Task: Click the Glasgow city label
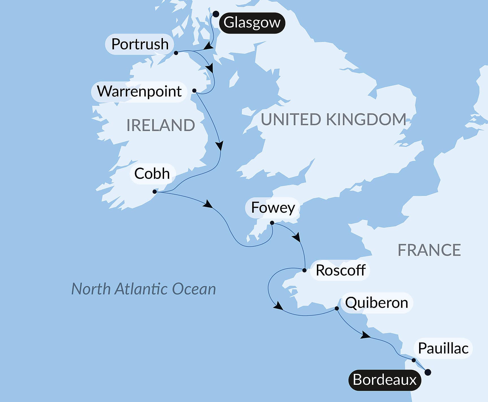(x=252, y=23)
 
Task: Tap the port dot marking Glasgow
(x=216, y=14)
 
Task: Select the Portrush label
(x=140, y=44)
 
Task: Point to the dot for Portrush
(x=176, y=53)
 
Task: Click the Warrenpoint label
(x=139, y=91)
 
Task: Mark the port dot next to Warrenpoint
(x=194, y=91)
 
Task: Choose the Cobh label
(x=152, y=173)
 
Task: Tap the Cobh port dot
(x=154, y=192)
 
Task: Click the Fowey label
(x=273, y=208)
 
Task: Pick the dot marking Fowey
(x=272, y=223)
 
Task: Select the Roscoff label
(x=341, y=270)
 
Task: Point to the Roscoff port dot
(x=304, y=270)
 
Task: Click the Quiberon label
(x=376, y=303)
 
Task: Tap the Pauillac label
(x=443, y=348)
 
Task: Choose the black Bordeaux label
(x=384, y=380)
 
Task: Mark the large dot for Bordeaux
(x=428, y=372)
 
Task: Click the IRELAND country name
(x=160, y=125)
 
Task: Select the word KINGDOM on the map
(x=366, y=119)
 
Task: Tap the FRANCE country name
(x=429, y=250)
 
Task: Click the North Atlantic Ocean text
(x=143, y=289)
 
